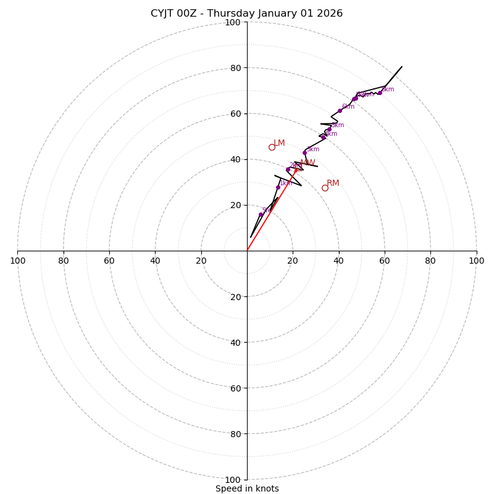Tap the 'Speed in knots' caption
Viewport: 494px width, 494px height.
[247, 488]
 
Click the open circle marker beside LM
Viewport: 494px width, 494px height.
[272, 147]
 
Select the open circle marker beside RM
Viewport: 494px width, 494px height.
[325, 188]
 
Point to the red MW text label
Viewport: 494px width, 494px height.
[308, 163]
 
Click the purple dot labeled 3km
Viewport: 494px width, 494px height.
[304, 153]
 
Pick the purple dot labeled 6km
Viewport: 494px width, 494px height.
[340, 111]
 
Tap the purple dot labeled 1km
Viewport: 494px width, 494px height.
[278, 187]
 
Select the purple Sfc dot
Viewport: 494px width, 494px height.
[261, 214]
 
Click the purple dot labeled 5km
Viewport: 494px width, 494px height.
[329, 130]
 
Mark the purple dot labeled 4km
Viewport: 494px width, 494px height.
[323, 138]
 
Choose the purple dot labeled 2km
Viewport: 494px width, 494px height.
[288, 169]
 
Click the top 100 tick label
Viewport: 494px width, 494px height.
[233, 22]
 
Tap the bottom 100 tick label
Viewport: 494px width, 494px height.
[233, 480]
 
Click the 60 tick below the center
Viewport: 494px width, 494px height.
[235, 388]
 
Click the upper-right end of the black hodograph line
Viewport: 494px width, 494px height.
[402, 66]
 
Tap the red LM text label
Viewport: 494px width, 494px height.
[279, 143]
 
